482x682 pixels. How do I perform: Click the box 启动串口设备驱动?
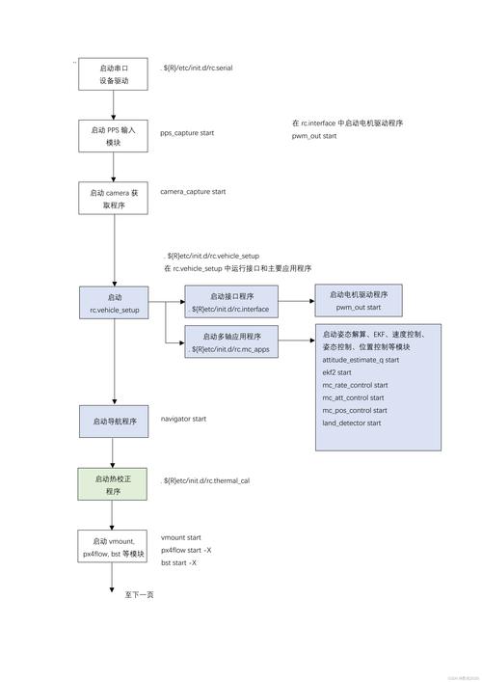tap(113, 74)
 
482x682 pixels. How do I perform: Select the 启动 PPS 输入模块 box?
tap(113, 135)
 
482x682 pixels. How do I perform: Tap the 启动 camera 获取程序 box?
tap(113, 198)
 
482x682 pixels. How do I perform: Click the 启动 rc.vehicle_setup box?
tap(114, 303)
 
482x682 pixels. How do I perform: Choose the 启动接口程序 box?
tap(231, 303)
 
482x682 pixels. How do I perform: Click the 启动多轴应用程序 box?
tap(231, 342)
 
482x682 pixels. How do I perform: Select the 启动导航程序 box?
tap(114, 422)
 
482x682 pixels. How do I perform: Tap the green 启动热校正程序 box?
tap(113, 484)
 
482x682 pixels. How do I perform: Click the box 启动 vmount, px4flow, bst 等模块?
tap(113, 547)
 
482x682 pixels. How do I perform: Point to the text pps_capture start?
tap(187, 132)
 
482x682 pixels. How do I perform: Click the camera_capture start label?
tap(193, 192)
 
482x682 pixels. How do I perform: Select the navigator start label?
tap(183, 419)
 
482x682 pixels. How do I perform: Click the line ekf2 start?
tap(336, 371)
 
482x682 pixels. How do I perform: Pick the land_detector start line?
tap(351, 423)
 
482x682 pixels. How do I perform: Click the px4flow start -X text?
tap(185, 549)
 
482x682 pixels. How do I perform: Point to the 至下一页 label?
tap(139, 595)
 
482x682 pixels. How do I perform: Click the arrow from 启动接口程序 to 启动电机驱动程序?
tap(296, 302)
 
